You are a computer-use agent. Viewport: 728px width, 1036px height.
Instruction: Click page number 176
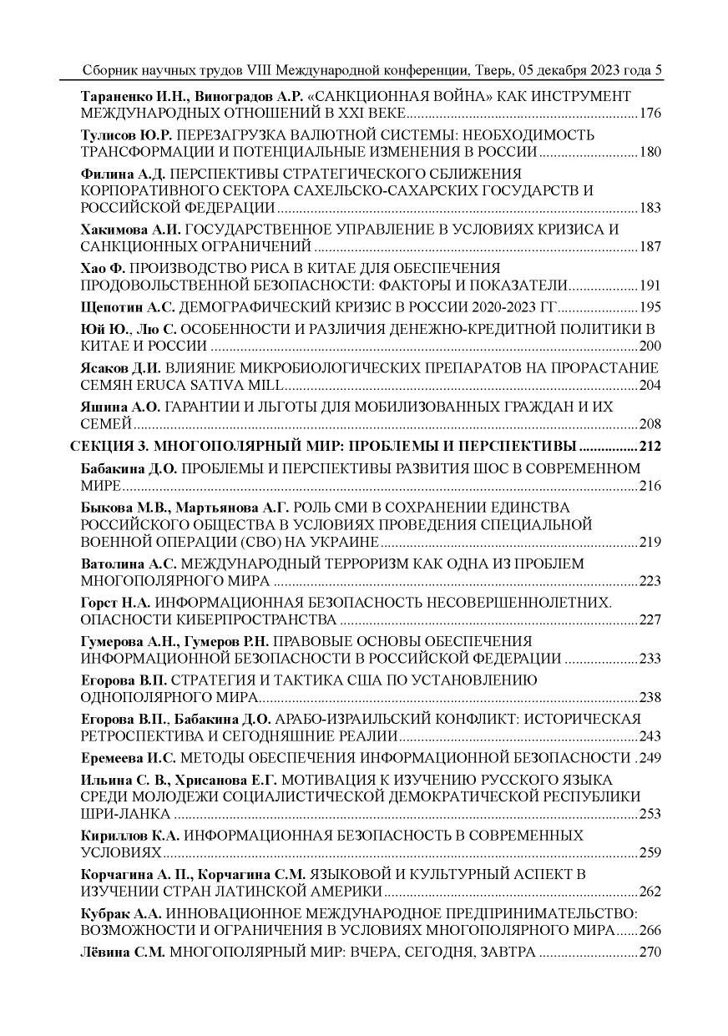(x=650, y=113)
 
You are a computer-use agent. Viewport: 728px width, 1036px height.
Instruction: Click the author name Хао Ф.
(x=102, y=268)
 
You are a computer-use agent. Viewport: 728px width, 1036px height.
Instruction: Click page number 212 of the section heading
(x=650, y=446)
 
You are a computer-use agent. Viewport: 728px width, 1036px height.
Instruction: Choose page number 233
(x=650, y=659)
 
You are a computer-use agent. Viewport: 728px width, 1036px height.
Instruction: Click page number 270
(x=650, y=953)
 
